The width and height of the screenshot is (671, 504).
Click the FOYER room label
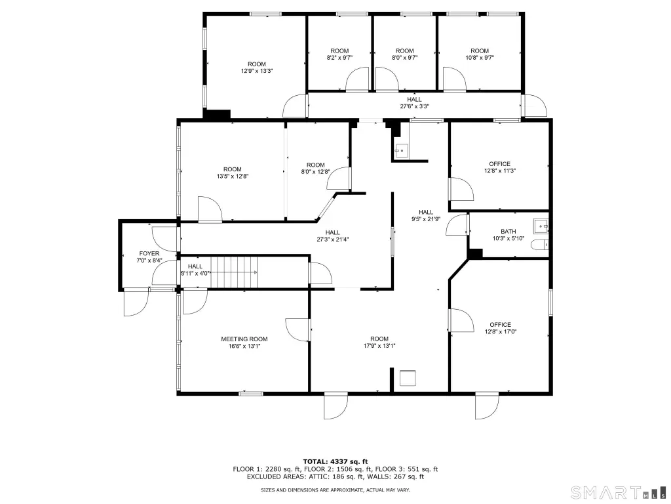(x=149, y=254)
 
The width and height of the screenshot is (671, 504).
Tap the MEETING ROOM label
(x=244, y=339)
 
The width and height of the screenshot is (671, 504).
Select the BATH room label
(x=508, y=232)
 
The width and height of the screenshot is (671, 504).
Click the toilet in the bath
(x=539, y=245)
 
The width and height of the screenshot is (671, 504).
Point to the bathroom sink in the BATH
(x=541, y=226)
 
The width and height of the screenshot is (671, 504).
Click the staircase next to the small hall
(x=234, y=272)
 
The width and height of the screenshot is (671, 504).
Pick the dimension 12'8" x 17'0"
(x=501, y=331)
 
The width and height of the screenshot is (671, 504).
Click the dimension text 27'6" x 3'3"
(x=414, y=106)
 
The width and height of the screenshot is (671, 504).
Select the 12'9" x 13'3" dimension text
(x=257, y=71)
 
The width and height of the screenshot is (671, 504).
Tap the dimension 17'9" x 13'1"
(x=379, y=345)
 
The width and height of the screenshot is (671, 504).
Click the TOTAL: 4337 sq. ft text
(x=335, y=461)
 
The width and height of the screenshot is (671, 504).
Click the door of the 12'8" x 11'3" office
(x=461, y=189)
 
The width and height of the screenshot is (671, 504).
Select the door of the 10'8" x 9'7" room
(x=455, y=79)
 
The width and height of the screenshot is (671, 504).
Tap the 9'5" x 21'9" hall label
(x=426, y=215)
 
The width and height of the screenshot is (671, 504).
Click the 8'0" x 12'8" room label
(x=316, y=168)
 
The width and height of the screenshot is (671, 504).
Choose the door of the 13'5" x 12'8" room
(x=210, y=209)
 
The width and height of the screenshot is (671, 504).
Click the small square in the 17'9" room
(x=408, y=378)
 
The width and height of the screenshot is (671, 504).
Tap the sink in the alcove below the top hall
(x=401, y=150)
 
